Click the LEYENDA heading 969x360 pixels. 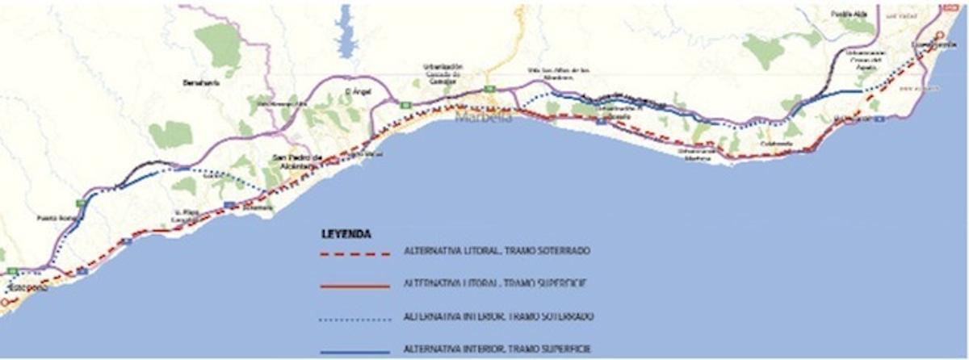(346, 234)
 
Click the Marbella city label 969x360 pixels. (484, 118)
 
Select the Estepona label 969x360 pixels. (28, 288)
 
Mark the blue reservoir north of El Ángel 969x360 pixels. (348, 32)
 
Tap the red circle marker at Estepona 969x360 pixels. (5, 303)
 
